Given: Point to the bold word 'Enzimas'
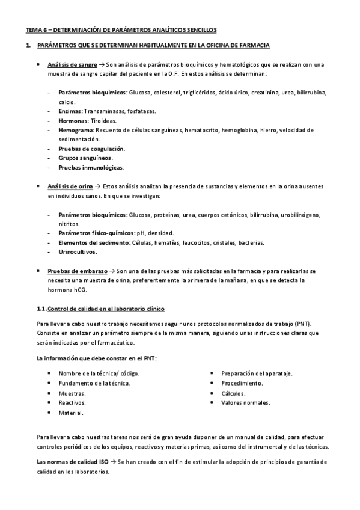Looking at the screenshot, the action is [70, 111].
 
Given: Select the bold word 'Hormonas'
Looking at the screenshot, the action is [73, 120].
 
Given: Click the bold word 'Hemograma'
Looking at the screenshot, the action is [76, 129].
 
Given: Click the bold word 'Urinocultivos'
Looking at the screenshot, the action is [78, 251].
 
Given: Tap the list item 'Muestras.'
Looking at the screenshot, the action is [72, 393].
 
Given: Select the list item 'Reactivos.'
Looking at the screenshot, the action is [72, 402].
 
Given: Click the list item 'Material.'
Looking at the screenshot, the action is [71, 413].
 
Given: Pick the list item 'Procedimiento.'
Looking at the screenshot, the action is [242, 383].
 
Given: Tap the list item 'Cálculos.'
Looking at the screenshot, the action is [234, 393].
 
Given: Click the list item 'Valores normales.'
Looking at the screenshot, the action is [246, 402].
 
